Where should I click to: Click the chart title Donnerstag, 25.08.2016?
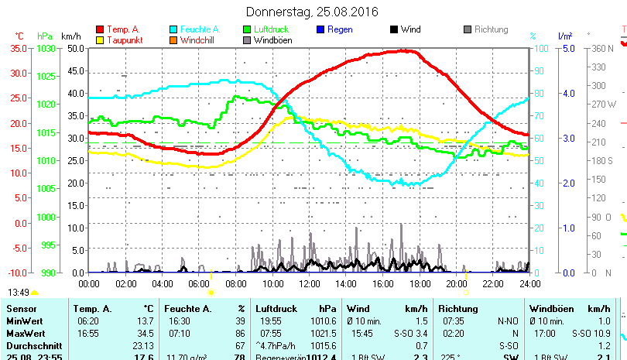click(312, 12)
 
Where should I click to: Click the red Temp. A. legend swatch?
click(99, 29)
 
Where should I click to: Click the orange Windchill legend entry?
click(199, 40)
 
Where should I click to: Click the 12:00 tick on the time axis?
click(309, 283)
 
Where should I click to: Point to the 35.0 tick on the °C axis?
click(18, 48)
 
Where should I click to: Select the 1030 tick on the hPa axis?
click(46, 48)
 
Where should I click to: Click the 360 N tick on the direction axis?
click(602, 48)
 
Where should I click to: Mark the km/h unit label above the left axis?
click(70, 36)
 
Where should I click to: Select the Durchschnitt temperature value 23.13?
click(143, 345)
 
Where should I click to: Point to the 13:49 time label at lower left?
click(19, 293)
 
